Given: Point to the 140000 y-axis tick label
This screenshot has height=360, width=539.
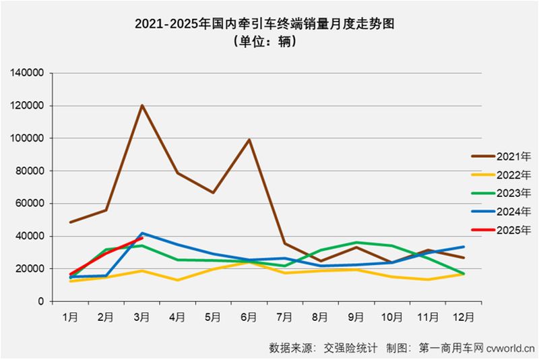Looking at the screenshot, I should coord(28,73).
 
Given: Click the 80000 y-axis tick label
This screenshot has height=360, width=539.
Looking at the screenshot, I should coord(31,171).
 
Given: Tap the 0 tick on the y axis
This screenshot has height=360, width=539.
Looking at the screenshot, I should coord(41,301).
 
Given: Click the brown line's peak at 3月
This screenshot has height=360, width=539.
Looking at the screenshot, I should coord(142,105).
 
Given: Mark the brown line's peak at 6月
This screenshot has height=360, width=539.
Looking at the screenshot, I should coord(249,140).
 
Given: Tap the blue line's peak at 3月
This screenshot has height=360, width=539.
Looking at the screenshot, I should coord(142,233).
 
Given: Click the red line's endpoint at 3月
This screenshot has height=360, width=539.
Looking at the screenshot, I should coord(142,238).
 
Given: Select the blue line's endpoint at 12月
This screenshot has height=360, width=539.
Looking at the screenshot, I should coord(464,247).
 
